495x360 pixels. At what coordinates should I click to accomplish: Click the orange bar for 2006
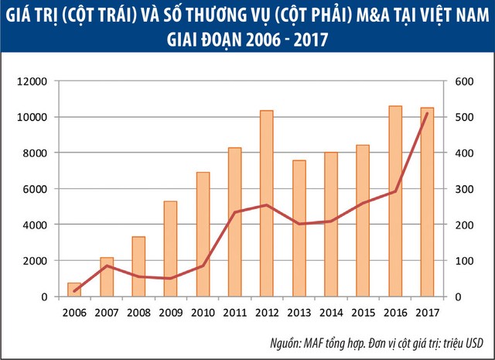coord(74,290)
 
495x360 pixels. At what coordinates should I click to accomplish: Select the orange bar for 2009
coord(171,249)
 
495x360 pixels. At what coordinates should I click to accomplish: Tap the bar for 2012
coord(267,203)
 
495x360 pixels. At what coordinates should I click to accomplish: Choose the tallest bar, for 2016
coord(395,201)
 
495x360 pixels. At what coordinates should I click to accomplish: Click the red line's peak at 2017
coord(427,114)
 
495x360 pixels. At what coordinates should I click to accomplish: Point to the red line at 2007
coord(107,266)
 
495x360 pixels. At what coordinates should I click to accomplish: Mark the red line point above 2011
coord(234,212)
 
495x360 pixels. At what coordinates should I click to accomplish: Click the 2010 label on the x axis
coord(203,312)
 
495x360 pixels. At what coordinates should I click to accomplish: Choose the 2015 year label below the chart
coord(363,312)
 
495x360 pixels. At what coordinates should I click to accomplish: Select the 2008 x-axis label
coord(138,312)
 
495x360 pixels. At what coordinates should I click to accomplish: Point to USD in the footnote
coord(474,343)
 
